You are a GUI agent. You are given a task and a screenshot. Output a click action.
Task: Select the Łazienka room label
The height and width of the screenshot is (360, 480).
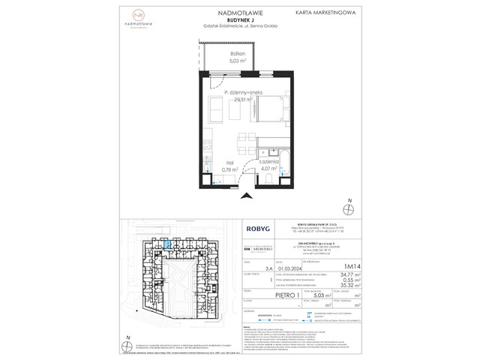(268, 162)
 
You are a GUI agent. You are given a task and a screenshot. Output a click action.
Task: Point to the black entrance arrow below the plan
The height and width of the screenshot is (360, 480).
(247, 196)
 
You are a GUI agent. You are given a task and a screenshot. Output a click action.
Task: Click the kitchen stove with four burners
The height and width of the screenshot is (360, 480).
(208, 145)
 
